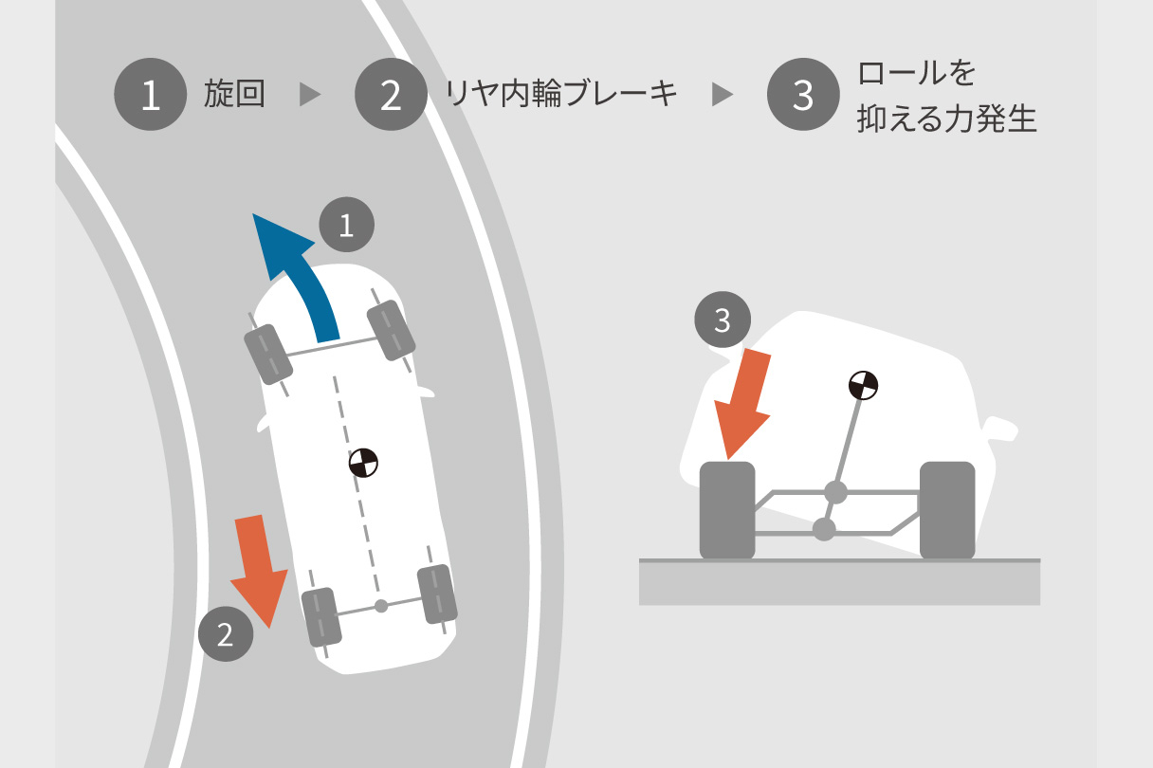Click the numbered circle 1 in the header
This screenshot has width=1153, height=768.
pos(150,95)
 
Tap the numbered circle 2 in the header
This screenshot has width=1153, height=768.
pos(392,95)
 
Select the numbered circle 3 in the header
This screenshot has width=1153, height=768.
pos(803,95)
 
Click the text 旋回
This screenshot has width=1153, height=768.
pos(234,95)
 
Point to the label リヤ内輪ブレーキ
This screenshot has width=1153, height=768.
pos(561,95)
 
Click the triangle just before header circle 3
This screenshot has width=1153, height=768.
pos(723,95)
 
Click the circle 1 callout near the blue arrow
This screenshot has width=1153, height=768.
pos(346,226)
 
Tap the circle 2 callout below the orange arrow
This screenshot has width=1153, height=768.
pos(226,633)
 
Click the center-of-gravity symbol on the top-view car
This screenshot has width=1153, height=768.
pos(363,463)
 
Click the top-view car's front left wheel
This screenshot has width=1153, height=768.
pos(267,353)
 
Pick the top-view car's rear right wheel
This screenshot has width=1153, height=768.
pos(437,594)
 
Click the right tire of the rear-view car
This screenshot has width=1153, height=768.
pos(947,509)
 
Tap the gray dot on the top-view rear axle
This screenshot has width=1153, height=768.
pos(380,605)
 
